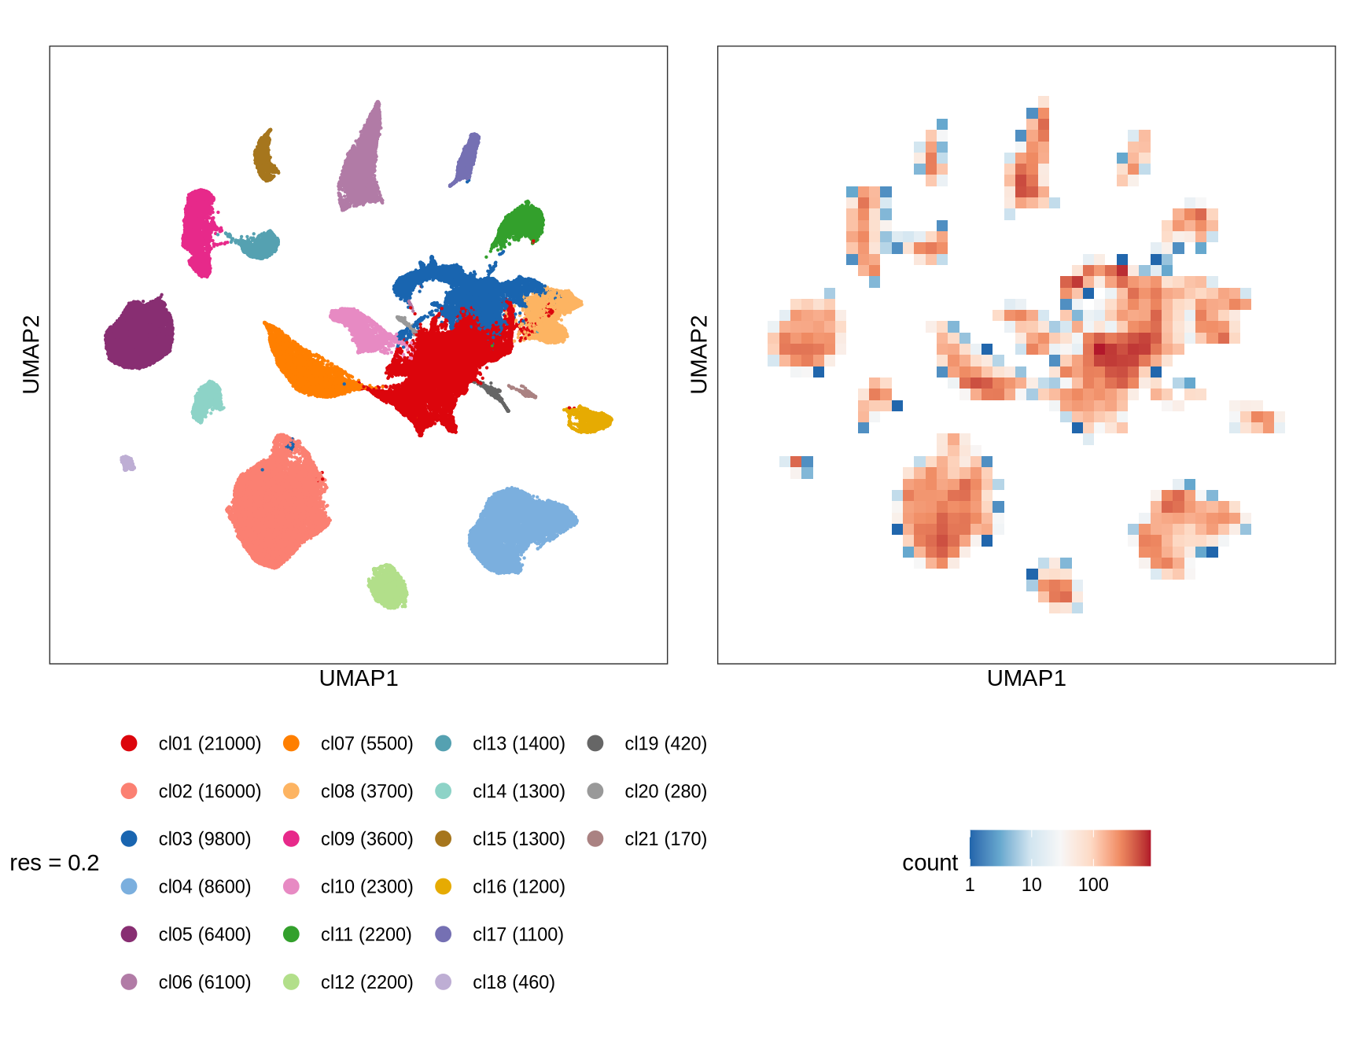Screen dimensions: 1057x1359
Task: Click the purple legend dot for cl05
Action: [x=129, y=934]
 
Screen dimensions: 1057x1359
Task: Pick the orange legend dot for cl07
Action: [x=291, y=743]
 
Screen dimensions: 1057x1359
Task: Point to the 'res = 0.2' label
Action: [x=54, y=863]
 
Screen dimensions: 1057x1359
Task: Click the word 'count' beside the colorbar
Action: [x=930, y=863]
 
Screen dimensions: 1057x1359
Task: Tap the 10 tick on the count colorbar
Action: [x=1031, y=885]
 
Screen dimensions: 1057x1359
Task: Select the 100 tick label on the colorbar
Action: [x=1093, y=885]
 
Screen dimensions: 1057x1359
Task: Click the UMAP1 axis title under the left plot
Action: [x=359, y=679]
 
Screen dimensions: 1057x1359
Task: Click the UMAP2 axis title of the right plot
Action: [x=698, y=354]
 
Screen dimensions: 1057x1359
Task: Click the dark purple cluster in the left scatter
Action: [x=139, y=334]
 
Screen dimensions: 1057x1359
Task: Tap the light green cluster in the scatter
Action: [x=388, y=586]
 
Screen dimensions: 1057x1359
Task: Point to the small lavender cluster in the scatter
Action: [x=127, y=462]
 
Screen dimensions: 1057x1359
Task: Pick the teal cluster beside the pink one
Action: [x=260, y=244]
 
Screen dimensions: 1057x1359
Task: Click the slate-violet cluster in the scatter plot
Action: [x=466, y=160]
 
